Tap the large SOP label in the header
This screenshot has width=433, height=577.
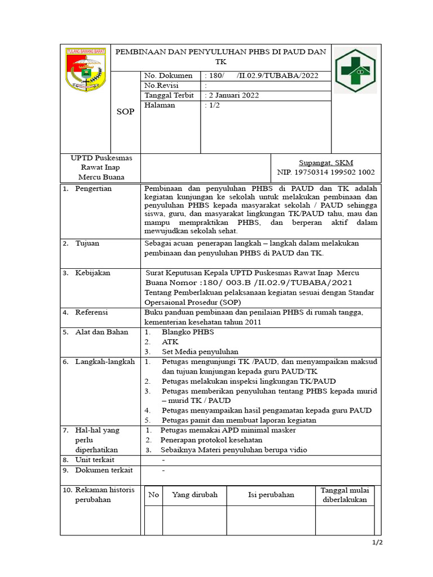pyautogui.click(x=125, y=112)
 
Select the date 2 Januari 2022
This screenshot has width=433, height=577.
pyautogui.click(x=233, y=95)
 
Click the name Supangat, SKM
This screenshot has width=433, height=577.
pyautogui.click(x=326, y=162)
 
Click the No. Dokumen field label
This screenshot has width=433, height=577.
pyautogui.click(x=168, y=76)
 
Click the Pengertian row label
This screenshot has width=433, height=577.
pyautogui.click(x=94, y=189)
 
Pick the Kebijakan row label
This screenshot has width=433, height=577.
pyautogui.click(x=92, y=273)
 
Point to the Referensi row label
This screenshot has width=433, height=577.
pyautogui.click(x=91, y=312)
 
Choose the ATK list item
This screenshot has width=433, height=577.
pyautogui.click(x=170, y=341)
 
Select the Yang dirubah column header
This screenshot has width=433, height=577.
pyautogui.click(x=195, y=495)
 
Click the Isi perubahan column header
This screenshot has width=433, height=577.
pyautogui.click(x=271, y=495)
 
